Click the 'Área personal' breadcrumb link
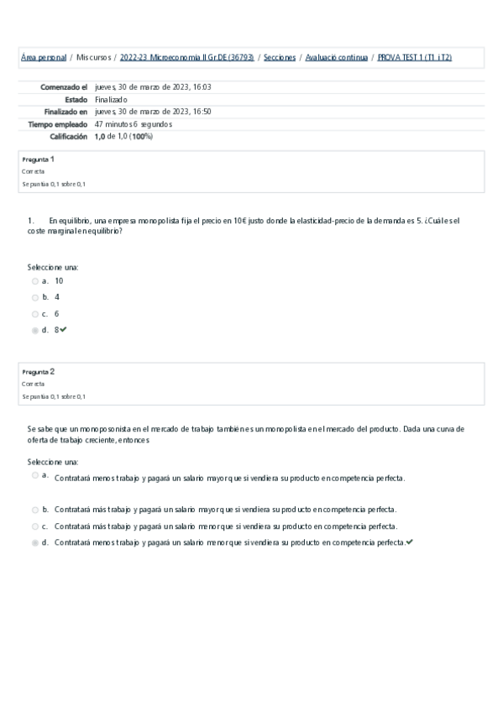(43, 57)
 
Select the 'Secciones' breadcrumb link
(280, 57)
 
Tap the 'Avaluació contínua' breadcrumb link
(336, 57)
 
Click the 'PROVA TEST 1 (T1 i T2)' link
(415, 57)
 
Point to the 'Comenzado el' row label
(64, 86)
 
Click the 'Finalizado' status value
(112, 99)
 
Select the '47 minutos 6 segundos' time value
(134, 123)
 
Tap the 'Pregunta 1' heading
(39, 159)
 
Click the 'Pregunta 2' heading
(39, 371)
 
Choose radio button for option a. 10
(35, 281)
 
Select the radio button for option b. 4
(35, 297)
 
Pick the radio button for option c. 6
(35, 314)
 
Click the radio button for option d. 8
(35, 331)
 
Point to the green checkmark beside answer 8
(64, 330)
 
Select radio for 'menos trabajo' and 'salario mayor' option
(35, 475)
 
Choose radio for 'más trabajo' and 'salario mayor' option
(35, 510)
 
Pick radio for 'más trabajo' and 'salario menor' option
(35, 526)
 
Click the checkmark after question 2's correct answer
(409, 542)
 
